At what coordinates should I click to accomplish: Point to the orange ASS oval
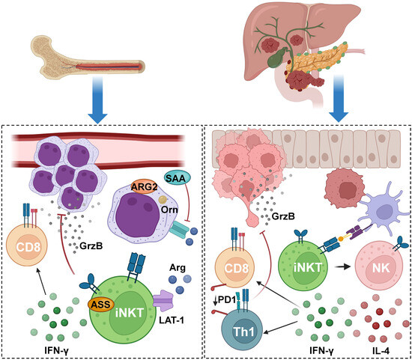(100, 305)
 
